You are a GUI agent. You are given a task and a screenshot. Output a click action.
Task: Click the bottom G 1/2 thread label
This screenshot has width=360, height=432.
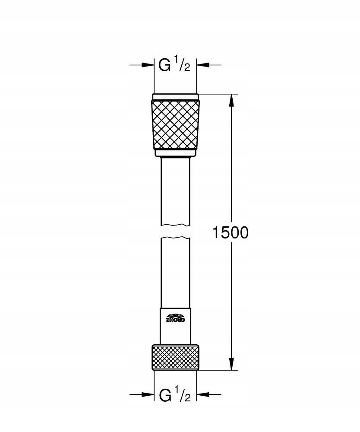[175, 394]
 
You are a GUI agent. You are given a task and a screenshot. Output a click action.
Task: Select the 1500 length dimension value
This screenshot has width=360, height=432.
[230, 233]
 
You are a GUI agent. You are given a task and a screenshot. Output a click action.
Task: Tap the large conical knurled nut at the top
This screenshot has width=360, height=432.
[175, 124]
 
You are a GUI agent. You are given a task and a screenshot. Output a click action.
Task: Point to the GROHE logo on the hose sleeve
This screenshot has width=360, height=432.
[175, 319]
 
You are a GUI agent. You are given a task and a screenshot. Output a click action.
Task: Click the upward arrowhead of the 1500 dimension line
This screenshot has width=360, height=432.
[232, 100]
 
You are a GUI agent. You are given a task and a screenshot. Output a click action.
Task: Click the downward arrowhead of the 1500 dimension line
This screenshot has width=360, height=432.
[232, 363]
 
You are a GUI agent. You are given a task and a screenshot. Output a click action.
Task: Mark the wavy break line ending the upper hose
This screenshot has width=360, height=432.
[175, 225]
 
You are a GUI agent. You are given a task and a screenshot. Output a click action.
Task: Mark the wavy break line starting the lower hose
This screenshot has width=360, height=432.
[175, 238]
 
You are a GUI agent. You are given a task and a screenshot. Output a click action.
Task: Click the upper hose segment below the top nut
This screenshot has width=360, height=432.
[175, 190]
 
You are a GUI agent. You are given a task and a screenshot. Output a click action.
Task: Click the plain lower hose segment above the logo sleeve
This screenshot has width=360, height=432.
[175, 272]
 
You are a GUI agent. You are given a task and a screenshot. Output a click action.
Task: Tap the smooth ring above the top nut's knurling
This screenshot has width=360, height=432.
[175, 97]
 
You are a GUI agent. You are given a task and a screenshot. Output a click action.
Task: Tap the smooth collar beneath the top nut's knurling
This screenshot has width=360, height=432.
[175, 152]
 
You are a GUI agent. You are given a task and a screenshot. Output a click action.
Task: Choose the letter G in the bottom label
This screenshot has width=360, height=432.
[165, 394]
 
